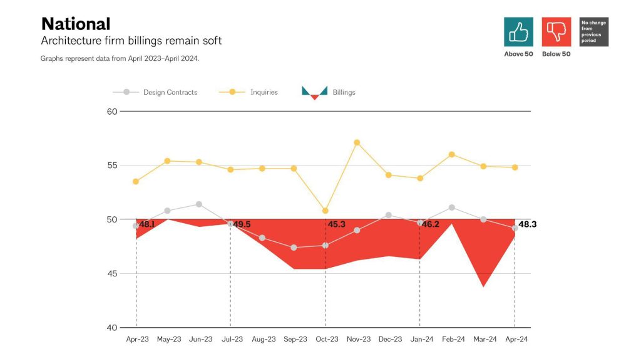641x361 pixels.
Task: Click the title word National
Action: point(76,24)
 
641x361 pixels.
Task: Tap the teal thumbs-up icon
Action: point(518,32)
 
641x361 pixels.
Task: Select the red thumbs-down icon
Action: point(556,32)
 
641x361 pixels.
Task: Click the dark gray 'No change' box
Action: point(594,32)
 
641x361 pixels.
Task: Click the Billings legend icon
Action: point(314,93)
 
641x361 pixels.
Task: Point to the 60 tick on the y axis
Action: point(112,112)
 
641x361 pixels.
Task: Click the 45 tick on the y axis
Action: point(112,274)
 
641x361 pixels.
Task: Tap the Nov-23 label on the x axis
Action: point(358,339)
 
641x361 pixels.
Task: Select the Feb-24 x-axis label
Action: point(453,339)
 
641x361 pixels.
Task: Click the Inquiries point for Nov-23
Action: point(357,142)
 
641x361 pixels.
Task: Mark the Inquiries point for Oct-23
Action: point(326,211)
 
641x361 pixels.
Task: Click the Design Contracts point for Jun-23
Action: point(199,204)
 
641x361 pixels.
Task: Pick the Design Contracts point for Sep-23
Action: point(294,248)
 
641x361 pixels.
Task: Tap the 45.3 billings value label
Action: point(336,224)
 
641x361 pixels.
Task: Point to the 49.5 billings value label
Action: point(242,224)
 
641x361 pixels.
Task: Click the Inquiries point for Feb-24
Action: point(452,154)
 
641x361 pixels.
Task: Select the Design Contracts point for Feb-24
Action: point(452,207)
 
